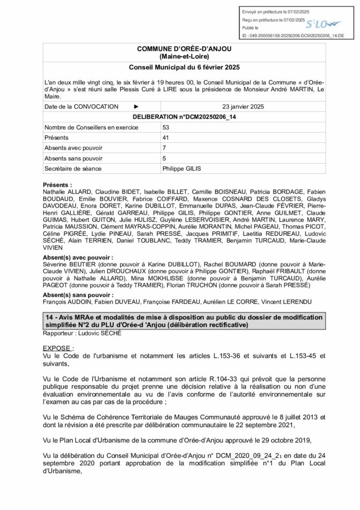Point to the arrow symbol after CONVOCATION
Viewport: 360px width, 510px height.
pyautogui.click(x=136, y=106)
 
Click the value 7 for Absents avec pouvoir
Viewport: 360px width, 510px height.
pyautogui.click(x=164, y=148)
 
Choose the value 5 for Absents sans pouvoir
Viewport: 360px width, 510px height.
pyautogui.click(x=164, y=158)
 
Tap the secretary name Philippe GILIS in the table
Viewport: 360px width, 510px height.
pyautogui.click(x=181, y=169)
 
